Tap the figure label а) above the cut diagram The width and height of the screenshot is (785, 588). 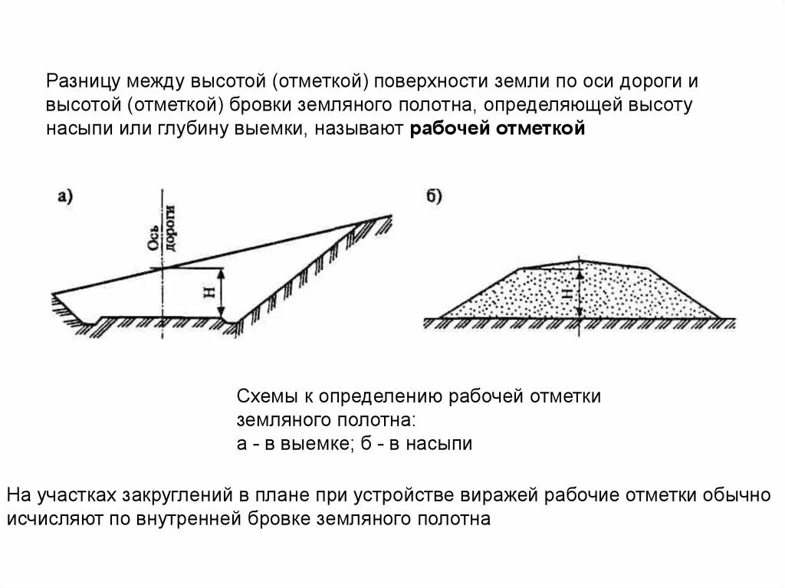65,196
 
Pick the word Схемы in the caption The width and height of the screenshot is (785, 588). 262,396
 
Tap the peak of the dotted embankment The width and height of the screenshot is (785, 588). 578,261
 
